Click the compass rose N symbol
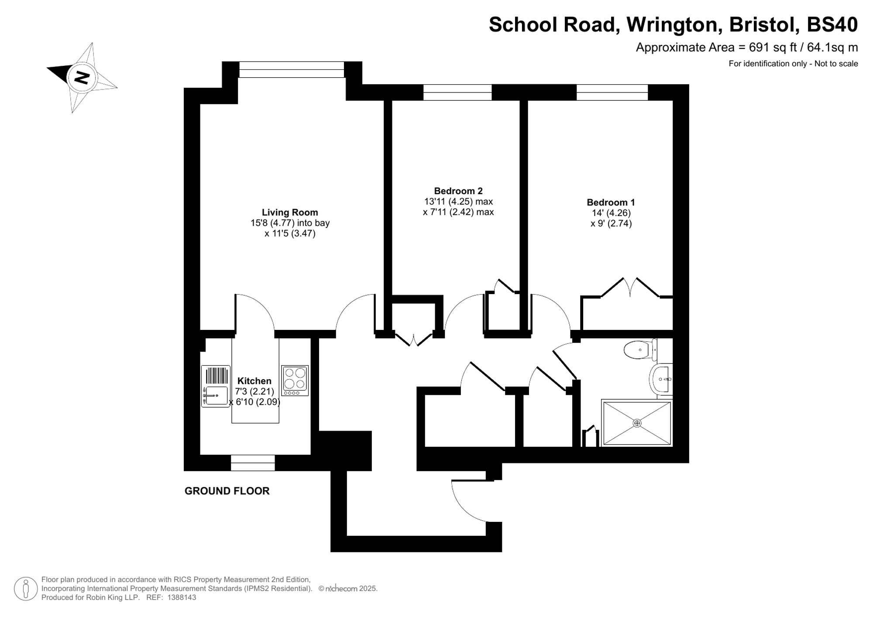[82, 78]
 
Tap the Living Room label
[290, 213]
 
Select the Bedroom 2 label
[458, 191]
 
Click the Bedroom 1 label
[611, 202]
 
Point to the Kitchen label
[254, 381]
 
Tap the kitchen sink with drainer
[216, 387]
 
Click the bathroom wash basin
[661, 379]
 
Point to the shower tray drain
[637, 423]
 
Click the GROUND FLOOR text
[227, 491]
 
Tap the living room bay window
[292, 69]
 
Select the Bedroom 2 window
[457, 92]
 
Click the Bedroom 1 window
[612, 92]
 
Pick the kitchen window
[253, 463]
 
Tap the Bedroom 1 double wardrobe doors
[630, 288]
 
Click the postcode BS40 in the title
[832, 25]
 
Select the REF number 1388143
[182, 598]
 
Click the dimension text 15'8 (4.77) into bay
[290, 223]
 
